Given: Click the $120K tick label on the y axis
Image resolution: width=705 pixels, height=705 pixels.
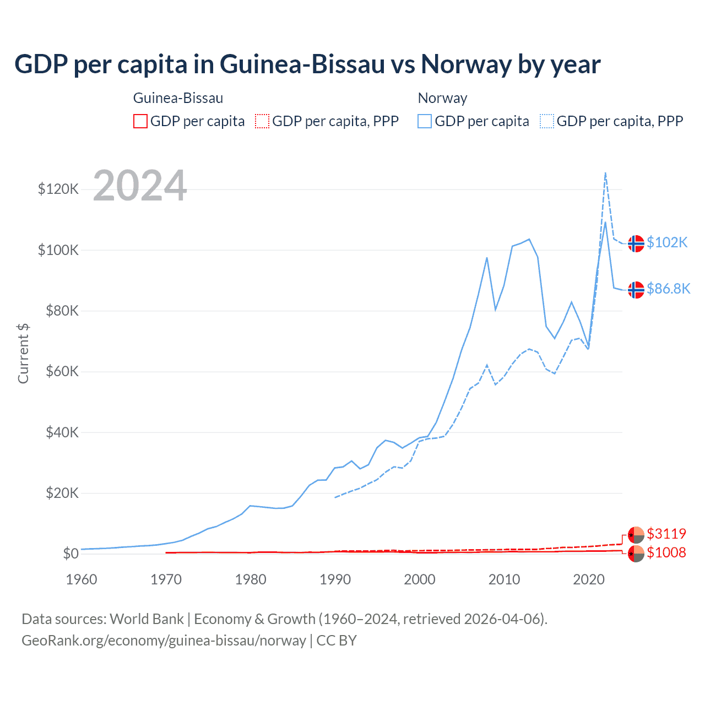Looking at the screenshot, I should (x=58, y=189).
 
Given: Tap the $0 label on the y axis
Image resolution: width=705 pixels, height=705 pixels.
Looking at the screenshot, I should (x=70, y=554).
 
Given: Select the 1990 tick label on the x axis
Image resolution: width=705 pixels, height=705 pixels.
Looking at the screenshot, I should (x=335, y=579).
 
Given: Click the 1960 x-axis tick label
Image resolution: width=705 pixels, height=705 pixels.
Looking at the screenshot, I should (x=82, y=579).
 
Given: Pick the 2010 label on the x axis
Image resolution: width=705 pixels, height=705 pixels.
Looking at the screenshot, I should (x=504, y=579).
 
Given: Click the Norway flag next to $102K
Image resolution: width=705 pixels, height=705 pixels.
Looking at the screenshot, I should (x=636, y=243).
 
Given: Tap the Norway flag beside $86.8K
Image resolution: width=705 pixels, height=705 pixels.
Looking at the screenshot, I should (x=636, y=290).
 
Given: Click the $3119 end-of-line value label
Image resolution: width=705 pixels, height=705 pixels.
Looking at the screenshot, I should (x=666, y=534).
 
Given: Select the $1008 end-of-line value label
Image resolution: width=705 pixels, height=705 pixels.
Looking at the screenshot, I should (x=666, y=552).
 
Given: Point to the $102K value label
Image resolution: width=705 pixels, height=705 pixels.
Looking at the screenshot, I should (x=667, y=242).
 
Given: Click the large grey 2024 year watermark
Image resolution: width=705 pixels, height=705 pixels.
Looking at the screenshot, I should (x=140, y=186).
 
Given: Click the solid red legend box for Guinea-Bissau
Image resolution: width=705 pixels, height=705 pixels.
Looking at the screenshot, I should (x=140, y=121).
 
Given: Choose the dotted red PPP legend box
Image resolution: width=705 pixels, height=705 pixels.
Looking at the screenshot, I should (x=262, y=121).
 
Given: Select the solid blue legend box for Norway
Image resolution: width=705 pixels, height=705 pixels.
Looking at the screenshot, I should (x=425, y=121).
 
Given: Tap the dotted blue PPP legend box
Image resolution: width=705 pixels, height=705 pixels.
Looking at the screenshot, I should (x=547, y=121).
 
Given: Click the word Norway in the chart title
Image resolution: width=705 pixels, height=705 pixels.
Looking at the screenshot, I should (x=467, y=64).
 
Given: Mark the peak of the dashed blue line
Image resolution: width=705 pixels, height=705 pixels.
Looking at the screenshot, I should (x=605, y=173).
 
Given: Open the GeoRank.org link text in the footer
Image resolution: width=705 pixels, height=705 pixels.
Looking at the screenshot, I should (x=164, y=641).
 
